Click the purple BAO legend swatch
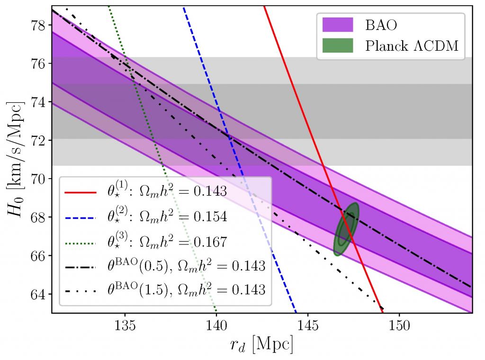[338, 24]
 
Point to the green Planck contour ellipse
[347, 230]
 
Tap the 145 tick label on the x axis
[308, 326]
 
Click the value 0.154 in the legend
[208, 217]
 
